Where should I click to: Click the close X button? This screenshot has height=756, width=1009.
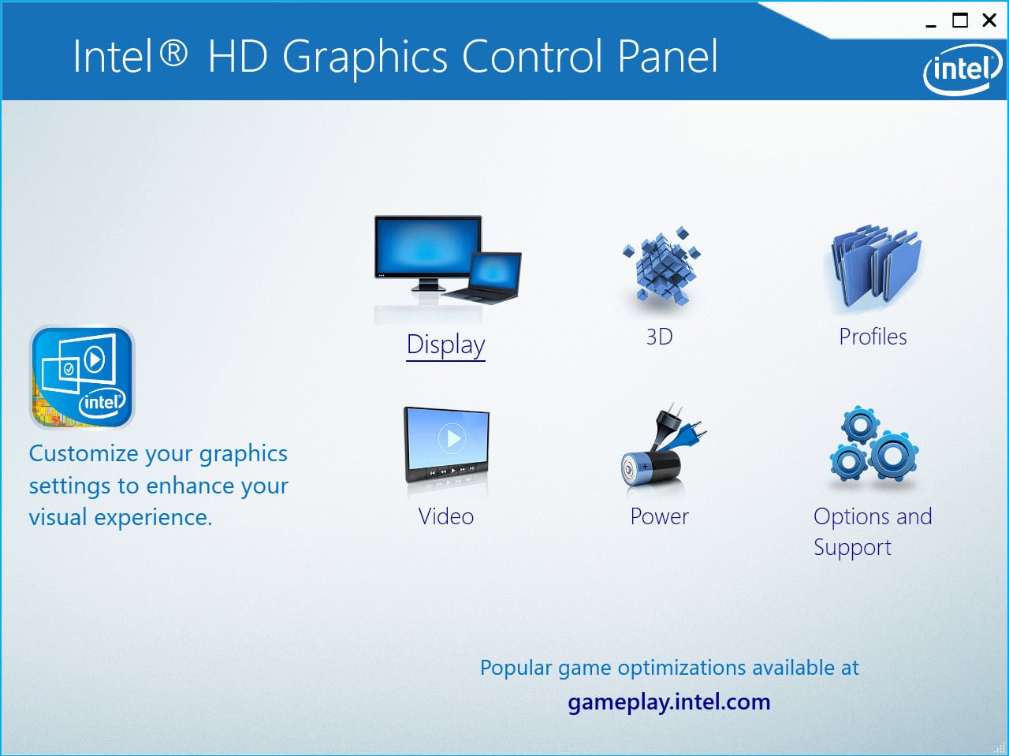[989, 21]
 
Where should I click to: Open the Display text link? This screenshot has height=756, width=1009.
[445, 345]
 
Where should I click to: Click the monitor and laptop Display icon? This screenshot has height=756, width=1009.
[447, 260]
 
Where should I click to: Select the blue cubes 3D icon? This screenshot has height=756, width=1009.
[661, 266]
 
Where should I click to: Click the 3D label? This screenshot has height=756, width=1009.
[659, 337]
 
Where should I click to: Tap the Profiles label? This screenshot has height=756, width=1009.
[873, 337]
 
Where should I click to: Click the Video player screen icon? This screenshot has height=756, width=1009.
[446, 445]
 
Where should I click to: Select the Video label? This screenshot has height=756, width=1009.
[446, 516]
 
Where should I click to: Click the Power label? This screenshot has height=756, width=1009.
[659, 516]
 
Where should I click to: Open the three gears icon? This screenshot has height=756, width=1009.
[873, 446]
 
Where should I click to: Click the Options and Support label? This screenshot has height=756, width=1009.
[872, 531]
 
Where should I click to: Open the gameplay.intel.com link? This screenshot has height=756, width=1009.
[668, 702]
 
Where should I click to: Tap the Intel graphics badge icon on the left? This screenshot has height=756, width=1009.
[82, 378]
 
